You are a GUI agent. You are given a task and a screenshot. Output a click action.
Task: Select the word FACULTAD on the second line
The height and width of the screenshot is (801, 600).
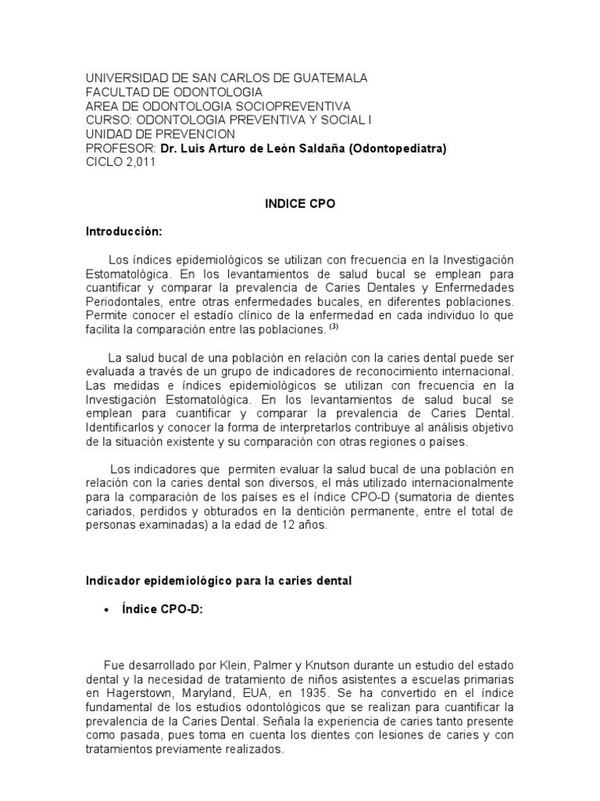pyautogui.click(x=116, y=92)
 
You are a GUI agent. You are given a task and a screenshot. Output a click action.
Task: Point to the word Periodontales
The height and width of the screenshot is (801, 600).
pyautogui.click(x=122, y=301)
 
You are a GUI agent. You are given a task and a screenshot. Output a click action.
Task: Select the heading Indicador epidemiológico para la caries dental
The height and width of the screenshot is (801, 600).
pyautogui.click(x=219, y=580)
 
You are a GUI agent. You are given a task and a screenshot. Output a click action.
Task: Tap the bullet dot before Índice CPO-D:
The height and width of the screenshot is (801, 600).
pyautogui.click(x=105, y=611)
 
